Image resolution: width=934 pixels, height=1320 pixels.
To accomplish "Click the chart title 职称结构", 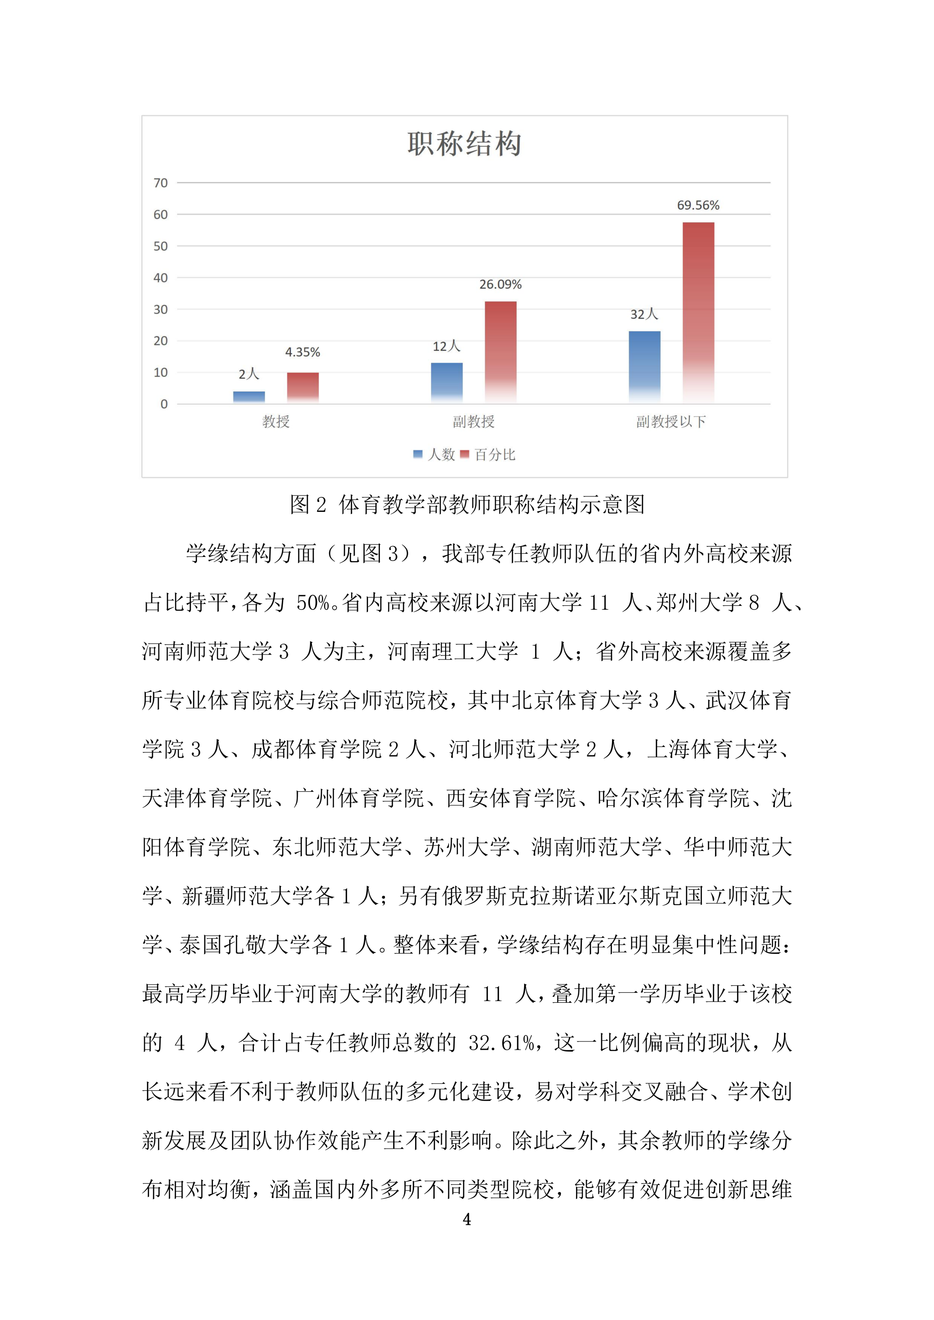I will [x=465, y=144].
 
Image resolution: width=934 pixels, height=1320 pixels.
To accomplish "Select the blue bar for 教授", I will [x=249, y=397].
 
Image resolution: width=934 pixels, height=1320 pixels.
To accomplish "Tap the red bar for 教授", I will [x=303, y=387].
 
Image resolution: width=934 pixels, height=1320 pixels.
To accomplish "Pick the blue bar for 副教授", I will [x=447, y=382].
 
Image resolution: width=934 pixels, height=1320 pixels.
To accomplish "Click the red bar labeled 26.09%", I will [x=500, y=352].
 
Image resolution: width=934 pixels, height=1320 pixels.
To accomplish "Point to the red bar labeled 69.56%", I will [x=698, y=312].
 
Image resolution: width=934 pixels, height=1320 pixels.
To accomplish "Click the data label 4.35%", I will [x=302, y=352].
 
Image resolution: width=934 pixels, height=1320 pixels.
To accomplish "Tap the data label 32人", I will [x=644, y=315].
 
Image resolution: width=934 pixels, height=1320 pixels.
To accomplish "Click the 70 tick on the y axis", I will [x=161, y=183].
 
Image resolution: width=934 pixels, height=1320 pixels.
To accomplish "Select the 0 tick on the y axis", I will [x=164, y=404].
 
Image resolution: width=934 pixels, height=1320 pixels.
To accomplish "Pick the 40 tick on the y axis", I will [x=161, y=278].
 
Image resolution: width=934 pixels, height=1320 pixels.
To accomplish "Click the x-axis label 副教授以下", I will [x=670, y=422].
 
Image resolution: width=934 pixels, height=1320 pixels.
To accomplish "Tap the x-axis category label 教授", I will [x=276, y=422].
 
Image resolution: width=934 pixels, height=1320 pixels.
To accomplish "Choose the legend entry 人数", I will [x=436, y=455].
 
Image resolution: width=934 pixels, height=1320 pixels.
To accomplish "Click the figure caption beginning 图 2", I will [x=467, y=505].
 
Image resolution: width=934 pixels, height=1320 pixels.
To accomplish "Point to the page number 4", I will [x=467, y=1219].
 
